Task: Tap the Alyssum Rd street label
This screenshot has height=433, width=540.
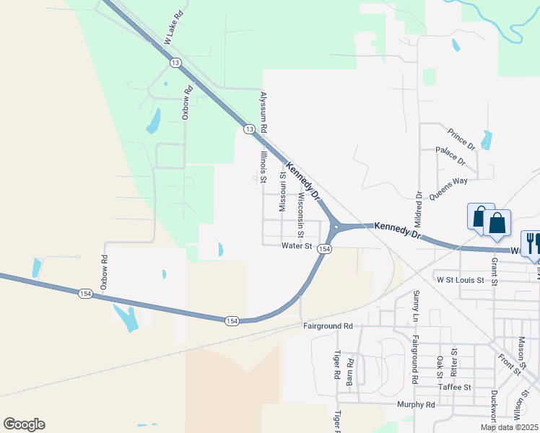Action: pyautogui.click(x=264, y=111)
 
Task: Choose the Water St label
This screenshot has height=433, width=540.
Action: pyautogui.click(x=296, y=246)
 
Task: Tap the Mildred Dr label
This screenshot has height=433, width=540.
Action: pyautogui.click(x=418, y=209)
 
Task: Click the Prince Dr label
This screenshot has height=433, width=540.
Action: pyautogui.click(x=461, y=139)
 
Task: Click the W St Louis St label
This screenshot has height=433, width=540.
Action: pyautogui.click(x=462, y=278)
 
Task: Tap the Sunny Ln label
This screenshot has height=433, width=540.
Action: pyautogui.click(x=416, y=304)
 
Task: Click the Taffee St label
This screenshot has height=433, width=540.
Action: pyautogui.click(x=455, y=387)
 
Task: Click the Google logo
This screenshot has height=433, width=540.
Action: pyautogui.click(x=24, y=424)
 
